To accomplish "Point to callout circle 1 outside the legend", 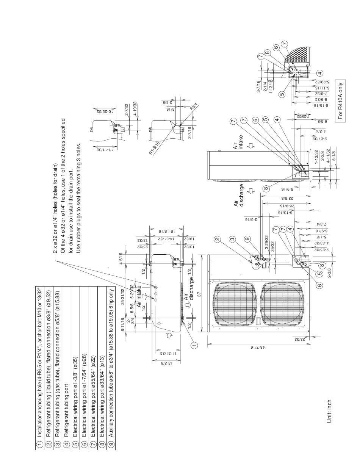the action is coord(194,345).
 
